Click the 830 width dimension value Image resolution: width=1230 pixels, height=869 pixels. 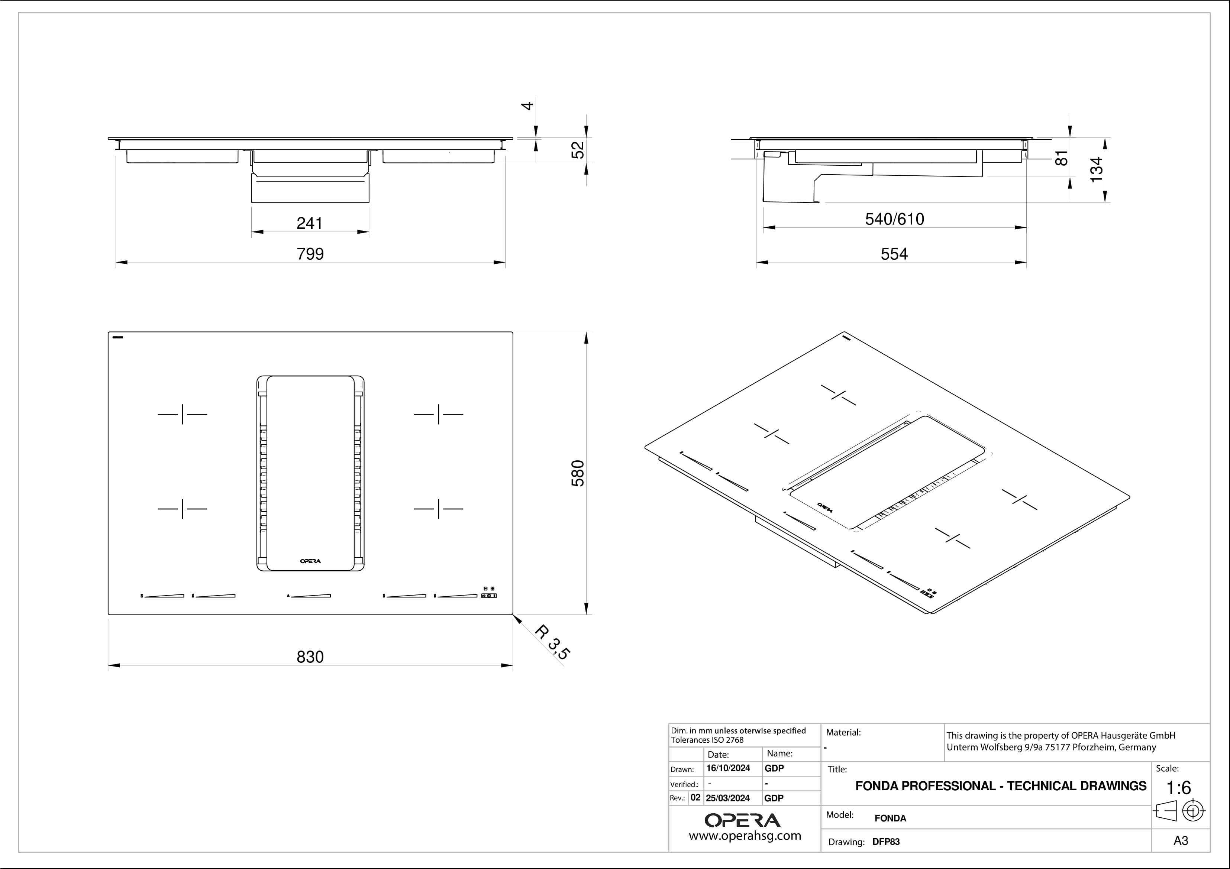[x=310, y=657]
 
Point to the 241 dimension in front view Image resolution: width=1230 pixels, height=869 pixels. [x=310, y=223]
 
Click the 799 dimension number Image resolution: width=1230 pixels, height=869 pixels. [x=310, y=254]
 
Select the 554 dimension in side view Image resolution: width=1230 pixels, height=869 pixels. [x=894, y=254]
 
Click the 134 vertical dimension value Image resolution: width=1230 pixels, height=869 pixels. [x=1097, y=169]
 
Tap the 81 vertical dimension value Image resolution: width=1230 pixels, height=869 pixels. [x=1061, y=158]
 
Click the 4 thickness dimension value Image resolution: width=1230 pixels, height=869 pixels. [x=528, y=106]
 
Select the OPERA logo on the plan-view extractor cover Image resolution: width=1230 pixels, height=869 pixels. [x=310, y=561]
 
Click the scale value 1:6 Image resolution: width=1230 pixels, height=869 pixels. [x=1179, y=788]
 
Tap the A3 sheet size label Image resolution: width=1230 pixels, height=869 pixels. [x=1181, y=841]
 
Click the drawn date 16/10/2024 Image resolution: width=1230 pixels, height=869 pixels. [x=728, y=768]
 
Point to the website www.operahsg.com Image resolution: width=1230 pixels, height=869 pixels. [x=745, y=836]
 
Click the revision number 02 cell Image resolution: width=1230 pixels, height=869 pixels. [x=695, y=797]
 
